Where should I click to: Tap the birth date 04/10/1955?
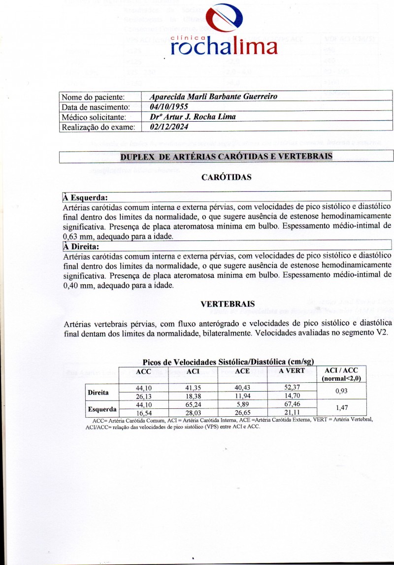click(166, 106)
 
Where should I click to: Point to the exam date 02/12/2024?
click(168, 127)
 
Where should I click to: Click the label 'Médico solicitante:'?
click(94, 117)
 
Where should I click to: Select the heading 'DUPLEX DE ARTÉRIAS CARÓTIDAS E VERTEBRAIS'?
click(226, 157)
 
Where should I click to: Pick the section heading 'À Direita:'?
click(82, 246)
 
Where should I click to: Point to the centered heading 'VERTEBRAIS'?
click(227, 304)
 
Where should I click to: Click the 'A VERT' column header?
click(291, 371)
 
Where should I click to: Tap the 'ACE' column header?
click(242, 371)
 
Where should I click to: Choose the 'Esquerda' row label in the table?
click(102, 409)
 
